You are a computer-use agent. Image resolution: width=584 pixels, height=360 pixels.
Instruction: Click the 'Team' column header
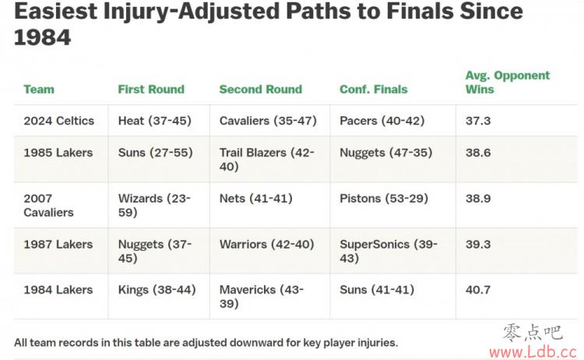[39, 90]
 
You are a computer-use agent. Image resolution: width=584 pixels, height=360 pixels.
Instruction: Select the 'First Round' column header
[151, 90]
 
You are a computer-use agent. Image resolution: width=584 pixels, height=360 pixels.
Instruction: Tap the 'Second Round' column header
[261, 90]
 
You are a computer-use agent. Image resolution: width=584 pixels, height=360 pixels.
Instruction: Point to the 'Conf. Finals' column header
[374, 90]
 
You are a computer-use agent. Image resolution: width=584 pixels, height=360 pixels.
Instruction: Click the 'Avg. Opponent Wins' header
[508, 83]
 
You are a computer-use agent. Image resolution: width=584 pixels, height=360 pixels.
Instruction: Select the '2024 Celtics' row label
[59, 121]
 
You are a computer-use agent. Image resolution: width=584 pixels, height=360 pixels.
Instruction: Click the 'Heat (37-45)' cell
[155, 121]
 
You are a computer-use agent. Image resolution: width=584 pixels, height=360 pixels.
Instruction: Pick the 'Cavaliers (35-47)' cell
[268, 121]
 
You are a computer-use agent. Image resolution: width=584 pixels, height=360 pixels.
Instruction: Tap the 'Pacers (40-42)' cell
[382, 121]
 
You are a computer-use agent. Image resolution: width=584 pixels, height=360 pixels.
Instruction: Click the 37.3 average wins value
[478, 121]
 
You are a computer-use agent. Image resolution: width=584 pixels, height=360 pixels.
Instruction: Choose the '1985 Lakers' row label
[58, 153]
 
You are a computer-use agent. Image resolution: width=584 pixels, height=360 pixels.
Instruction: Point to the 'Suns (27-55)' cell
[155, 153]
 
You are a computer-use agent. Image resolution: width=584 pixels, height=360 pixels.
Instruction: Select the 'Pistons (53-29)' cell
[384, 199]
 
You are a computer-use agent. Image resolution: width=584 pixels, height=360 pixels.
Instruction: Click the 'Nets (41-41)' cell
[256, 199]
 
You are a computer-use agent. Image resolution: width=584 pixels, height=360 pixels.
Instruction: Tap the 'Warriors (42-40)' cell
[266, 245]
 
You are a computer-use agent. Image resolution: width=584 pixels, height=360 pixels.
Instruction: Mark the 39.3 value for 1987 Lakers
[478, 245]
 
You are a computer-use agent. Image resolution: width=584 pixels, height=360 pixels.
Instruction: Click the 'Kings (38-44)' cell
[157, 290]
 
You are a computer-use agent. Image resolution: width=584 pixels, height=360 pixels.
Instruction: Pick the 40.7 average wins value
[478, 290]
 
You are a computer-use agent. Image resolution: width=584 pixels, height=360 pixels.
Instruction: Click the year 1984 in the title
[43, 37]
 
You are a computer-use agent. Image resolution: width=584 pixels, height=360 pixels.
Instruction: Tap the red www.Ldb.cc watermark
[533, 351]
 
